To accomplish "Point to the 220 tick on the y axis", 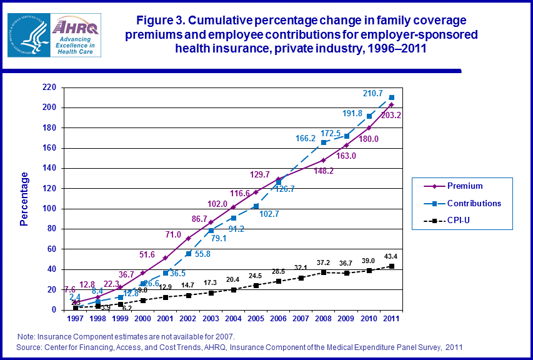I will click(x=49, y=87).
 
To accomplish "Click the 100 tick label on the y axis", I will click(x=49, y=209).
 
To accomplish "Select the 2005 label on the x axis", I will click(x=256, y=319).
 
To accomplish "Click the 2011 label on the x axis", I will click(x=392, y=319).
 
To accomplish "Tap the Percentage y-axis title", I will click(x=24, y=199).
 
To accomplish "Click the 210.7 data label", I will click(x=373, y=94).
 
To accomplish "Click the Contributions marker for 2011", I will click(x=392, y=97).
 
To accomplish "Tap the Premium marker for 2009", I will click(x=346, y=145).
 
